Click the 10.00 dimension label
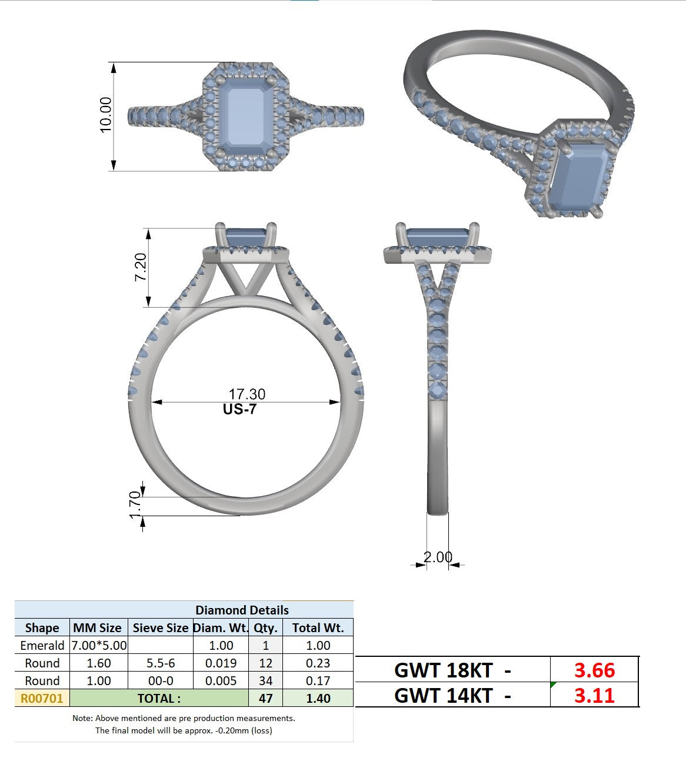[x=105, y=115]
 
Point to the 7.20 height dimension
[x=141, y=267]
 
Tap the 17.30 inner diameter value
[x=247, y=394]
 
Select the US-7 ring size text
[x=240, y=409]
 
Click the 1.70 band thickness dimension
[x=135, y=504]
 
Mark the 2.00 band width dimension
[x=438, y=557]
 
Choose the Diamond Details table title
[x=242, y=610]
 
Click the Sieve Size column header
[x=161, y=627]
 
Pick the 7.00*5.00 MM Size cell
[x=99, y=645]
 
